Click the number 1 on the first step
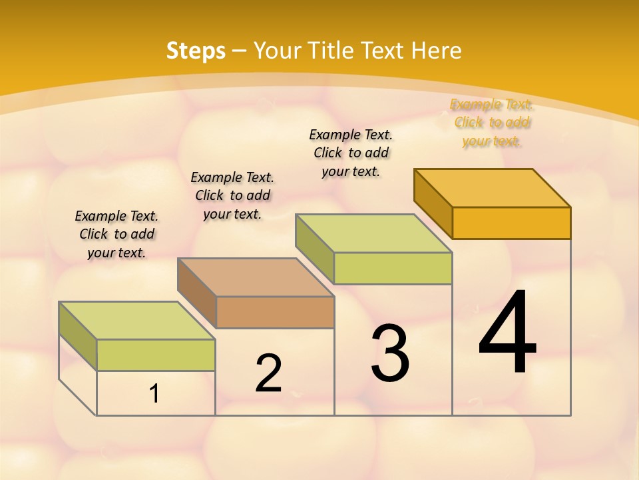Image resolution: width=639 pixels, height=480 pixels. [x=154, y=394]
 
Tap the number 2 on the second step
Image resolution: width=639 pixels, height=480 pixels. [x=268, y=373]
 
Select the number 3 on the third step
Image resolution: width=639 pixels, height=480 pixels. [x=390, y=354]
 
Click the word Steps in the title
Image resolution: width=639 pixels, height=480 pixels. [x=196, y=51]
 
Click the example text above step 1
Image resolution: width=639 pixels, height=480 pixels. [x=116, y=234]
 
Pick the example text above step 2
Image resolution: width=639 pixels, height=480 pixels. [x=232, y=195]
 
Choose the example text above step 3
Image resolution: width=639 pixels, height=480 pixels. [x=351, y=153]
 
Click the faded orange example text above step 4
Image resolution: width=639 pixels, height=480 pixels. [x=492, y=123]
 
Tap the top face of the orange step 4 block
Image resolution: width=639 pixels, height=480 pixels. [x=492, y=187]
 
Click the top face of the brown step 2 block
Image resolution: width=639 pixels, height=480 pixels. [x=255, y=277]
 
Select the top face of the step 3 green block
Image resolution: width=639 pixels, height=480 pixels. [x=373, y=233]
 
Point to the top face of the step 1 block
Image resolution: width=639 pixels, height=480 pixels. [x=136, y=321]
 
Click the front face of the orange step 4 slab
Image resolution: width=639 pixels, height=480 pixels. [x=511, y=223]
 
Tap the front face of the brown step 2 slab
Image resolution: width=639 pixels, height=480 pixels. [x=275, y=312]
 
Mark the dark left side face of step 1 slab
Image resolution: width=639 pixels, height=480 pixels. [x=78, y=336]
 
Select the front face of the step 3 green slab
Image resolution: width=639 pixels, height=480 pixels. [x=393, y=268]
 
